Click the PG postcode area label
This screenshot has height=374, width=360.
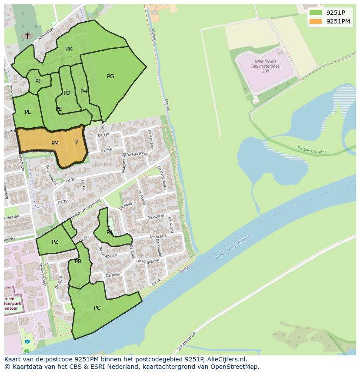pos(110,76)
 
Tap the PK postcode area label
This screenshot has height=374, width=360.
pos(69,49)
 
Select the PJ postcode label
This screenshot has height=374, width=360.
pos(38,81)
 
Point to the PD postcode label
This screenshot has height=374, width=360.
pos(67,93)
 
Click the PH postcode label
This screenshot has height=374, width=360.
pos(84,92)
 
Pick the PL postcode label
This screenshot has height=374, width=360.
pos(28,112)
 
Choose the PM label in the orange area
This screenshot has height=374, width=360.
pos(55,143)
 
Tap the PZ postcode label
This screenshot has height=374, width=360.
pos(55,242)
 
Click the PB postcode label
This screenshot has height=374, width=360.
pos(78,261)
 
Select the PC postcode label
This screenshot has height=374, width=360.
pos(97,308)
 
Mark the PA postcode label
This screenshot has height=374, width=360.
pos(110,232)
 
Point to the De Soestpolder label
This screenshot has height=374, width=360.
pos(311,150)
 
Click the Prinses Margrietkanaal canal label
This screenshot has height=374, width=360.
pos(233,248)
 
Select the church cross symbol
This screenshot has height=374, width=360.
pos(27,36)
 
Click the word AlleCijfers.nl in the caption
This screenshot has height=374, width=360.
pos(226,360)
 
